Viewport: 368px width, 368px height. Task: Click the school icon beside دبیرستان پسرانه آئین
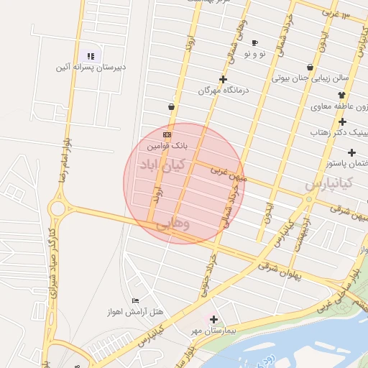91,56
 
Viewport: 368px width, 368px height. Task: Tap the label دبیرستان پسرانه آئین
91,68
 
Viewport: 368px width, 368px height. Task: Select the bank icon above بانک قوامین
167,134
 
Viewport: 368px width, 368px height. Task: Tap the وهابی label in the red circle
173,224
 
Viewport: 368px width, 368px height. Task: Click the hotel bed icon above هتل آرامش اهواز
136,300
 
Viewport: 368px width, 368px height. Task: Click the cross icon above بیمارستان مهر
213,318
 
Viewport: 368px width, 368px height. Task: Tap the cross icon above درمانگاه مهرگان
223,80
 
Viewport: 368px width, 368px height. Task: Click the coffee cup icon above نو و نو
254,43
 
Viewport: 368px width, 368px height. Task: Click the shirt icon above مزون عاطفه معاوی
341,95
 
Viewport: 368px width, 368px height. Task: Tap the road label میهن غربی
229,173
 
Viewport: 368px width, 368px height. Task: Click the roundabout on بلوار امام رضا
57,208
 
